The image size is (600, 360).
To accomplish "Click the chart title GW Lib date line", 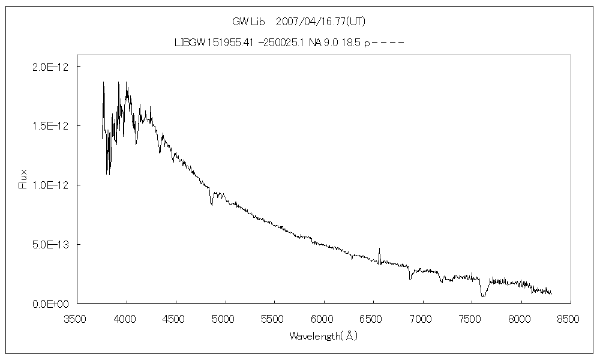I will point(299,22).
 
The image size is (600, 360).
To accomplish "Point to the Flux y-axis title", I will point(23,179).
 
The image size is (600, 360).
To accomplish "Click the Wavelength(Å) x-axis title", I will point(323,336).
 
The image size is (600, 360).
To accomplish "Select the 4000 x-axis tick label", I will point(127,318).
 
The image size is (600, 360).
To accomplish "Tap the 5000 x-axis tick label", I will point(225,318).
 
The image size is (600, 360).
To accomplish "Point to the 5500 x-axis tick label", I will point(274,318).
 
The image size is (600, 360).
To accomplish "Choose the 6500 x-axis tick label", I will point(373,318).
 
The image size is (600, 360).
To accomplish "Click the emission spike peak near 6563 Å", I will point(379,248).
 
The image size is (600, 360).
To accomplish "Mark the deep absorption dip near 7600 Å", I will point(482,296).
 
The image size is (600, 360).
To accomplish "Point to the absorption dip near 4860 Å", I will point(211,205).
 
